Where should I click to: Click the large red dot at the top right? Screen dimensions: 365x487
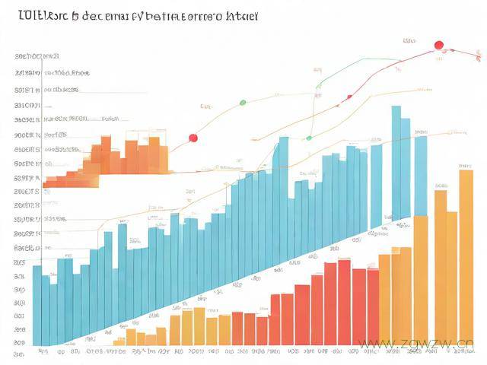pos(438,46)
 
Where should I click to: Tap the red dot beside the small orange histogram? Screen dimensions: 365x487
pos(193,138)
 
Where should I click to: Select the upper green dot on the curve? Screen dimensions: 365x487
pos(243,102)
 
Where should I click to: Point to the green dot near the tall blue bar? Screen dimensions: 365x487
pos(309,138)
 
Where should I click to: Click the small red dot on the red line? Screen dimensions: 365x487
pos(349,97)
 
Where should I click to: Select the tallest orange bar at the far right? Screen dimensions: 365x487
pos(466,259)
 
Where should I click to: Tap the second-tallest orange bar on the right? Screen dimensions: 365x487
pos(440,266)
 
